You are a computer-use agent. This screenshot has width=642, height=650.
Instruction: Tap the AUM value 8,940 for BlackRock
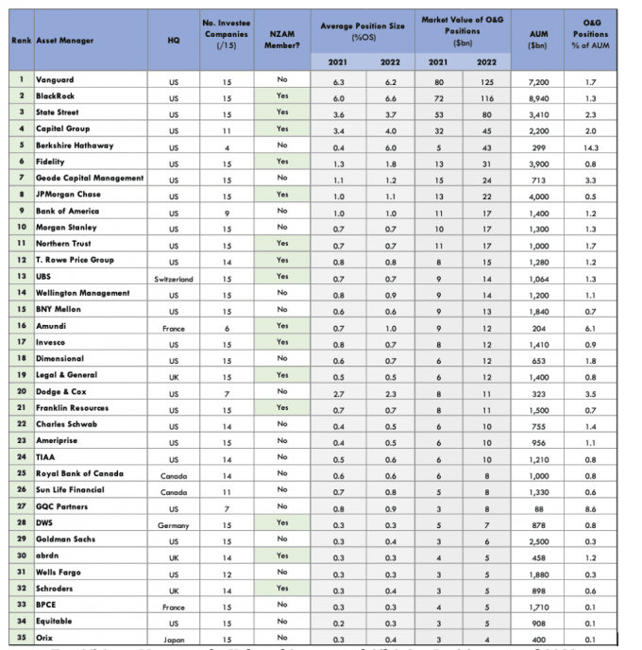535,97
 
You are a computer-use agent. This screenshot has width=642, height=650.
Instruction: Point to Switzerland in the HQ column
173,278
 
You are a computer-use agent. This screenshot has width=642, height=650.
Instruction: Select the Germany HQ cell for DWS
173,523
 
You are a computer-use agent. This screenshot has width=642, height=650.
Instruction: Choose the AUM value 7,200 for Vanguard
535,81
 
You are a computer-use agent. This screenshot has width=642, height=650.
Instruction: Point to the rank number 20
21,391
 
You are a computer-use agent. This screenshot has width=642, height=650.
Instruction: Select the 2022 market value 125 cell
486,81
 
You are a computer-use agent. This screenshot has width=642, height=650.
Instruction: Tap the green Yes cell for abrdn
281,556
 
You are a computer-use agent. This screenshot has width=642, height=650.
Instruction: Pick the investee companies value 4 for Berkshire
227,146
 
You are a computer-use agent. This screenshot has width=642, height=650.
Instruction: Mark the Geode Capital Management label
90,178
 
